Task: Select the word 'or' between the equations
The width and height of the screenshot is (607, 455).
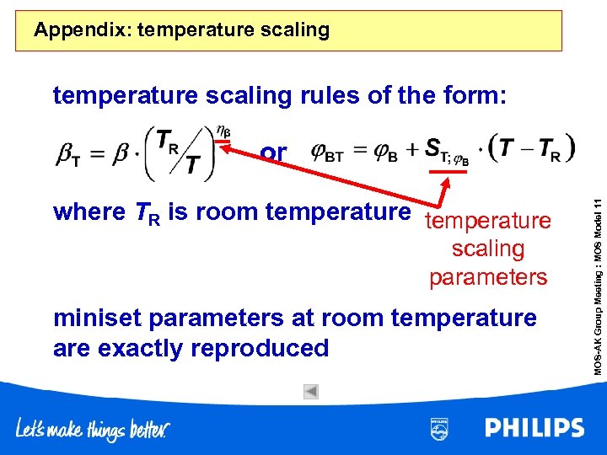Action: [273, 153]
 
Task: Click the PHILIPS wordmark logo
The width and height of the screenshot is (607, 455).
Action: [534, 428]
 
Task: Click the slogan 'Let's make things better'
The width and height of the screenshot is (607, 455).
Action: [93, 430]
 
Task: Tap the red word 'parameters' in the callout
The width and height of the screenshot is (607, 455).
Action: [488, 277]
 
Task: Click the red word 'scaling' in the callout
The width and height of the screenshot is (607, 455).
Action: [488, 249]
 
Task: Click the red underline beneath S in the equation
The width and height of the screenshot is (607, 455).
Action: [448, 172]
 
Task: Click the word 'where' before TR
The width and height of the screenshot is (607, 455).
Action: [89, 211]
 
